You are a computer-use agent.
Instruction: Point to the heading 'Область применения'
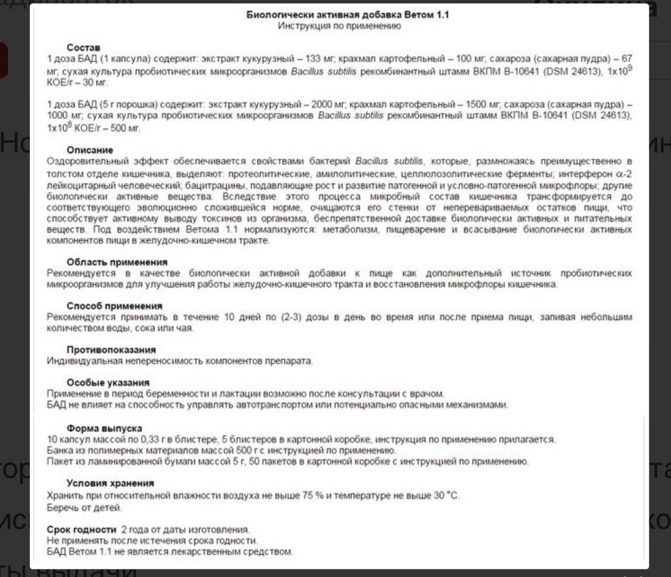[x=109, y=262]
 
